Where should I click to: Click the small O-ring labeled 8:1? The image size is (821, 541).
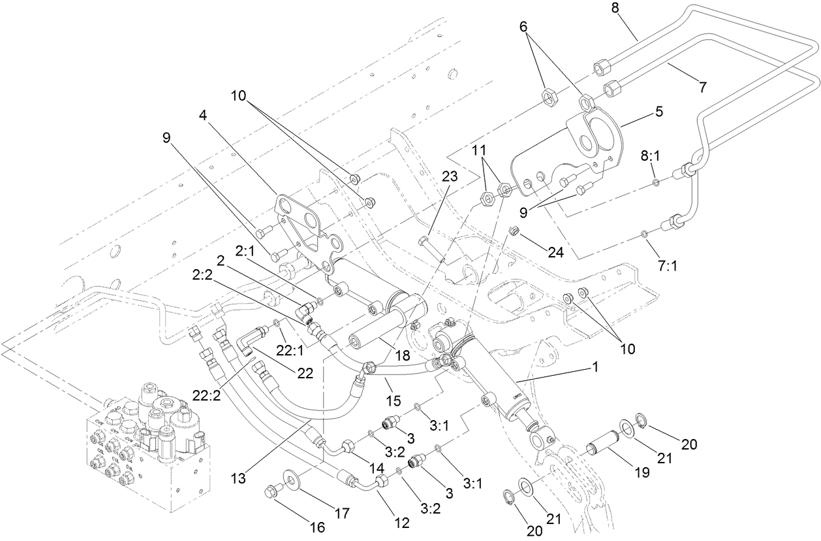(x=656, y=182)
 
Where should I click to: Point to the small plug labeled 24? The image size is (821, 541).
(x=514, y=231)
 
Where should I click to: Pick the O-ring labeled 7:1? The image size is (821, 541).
(x=643, y=233)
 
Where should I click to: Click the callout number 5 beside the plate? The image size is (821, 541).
(x=659, y=112)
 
